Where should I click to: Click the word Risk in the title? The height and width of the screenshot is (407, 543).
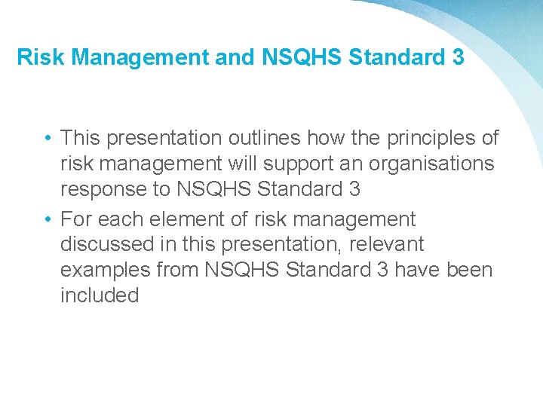35,57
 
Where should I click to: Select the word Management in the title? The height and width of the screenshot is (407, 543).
133,57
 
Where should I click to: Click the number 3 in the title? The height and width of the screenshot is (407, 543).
457,57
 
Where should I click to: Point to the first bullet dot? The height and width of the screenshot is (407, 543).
47,139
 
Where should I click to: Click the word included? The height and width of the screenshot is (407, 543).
100,295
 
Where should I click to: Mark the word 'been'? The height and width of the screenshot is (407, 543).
469,270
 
